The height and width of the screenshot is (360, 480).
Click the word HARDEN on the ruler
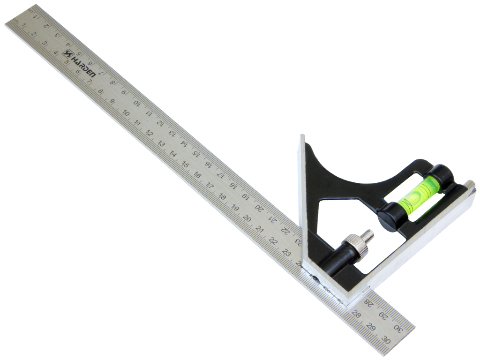84,65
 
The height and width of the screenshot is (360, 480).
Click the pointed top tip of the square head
302,137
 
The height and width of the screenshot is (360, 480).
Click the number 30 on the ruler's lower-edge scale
385,339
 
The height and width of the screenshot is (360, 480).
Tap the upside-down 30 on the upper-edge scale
398,328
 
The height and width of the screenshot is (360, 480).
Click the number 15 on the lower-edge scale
185,165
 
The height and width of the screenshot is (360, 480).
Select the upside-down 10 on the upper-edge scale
136,102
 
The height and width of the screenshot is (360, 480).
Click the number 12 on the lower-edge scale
148,133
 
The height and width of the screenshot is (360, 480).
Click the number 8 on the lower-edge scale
100,91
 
